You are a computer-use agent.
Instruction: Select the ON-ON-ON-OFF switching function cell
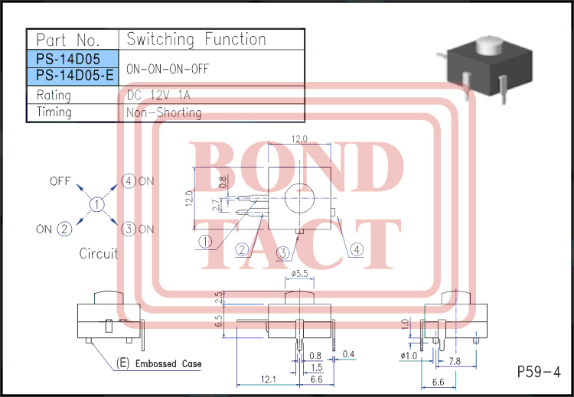point(166,68)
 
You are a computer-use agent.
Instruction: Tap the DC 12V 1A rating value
point(158,95)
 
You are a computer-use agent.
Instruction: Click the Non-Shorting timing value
point(164,112)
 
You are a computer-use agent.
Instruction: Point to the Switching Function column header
point(196,39)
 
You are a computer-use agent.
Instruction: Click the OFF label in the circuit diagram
point(61,181)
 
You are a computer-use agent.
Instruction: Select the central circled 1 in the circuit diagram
point(97,205)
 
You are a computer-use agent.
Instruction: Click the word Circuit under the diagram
point(99,254)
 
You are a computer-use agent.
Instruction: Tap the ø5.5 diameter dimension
point(300,273)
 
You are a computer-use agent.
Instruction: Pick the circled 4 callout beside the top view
point(357,249)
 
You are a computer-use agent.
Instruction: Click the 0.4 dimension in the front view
point(349,354)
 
